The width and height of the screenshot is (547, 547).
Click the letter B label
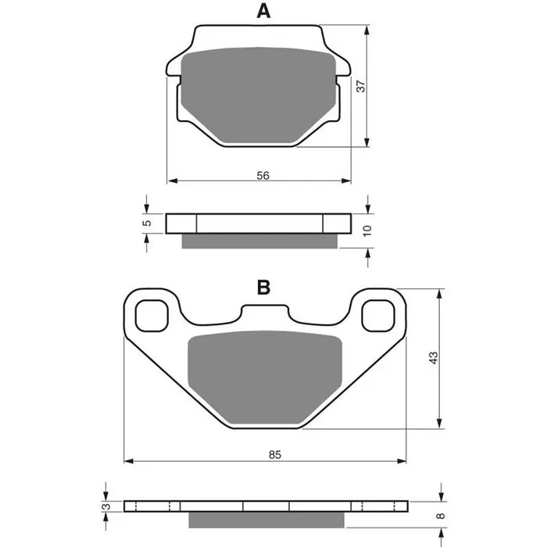tap(263, 288)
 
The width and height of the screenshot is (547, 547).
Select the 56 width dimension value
tap(263, 176)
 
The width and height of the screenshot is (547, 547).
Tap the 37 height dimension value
tap(360, 87)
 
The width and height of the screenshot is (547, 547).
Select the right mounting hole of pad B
tap(378, 315)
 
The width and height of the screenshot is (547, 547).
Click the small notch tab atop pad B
tap(264, 313)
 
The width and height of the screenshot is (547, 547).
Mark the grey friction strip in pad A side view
tap(259, 241)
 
